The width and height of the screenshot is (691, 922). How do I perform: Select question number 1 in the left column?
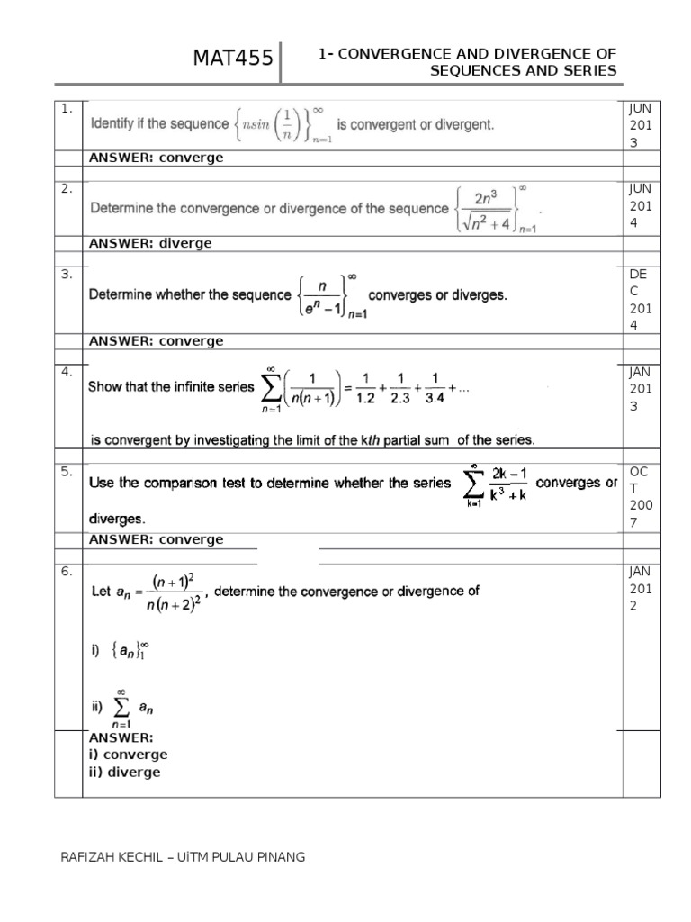[67, 109]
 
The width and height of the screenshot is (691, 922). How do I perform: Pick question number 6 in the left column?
[67, 572]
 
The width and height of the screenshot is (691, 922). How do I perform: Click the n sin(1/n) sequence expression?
[283, 125]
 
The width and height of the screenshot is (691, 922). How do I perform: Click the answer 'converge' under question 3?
[191, 341]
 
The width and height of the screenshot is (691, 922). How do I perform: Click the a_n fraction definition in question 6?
[148, 592]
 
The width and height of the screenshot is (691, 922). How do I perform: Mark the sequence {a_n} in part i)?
[129, 651]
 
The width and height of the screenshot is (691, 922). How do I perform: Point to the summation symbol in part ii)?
[124, 709]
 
